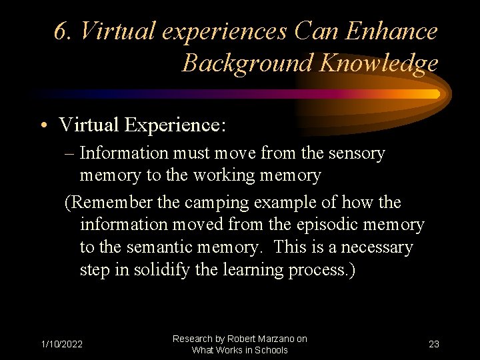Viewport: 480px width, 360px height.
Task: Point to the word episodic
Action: click(351, 225)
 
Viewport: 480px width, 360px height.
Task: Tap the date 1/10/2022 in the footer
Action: click(62, 344)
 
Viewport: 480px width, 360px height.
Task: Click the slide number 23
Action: click(434, 344)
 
